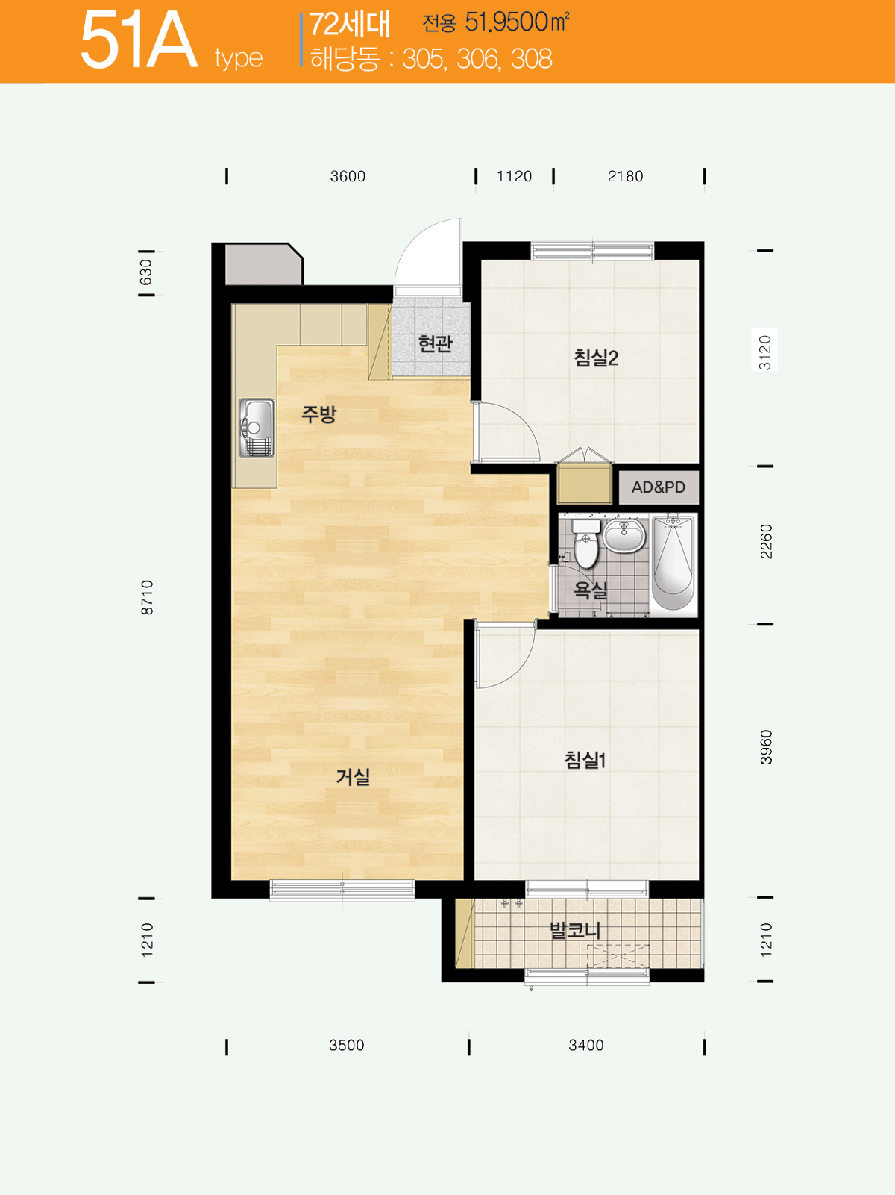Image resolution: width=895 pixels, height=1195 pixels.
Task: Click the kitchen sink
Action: click(256, 428)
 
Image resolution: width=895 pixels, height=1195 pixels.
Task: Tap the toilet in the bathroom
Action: click(585, 543)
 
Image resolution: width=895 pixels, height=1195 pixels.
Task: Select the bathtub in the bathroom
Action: click(673, 563)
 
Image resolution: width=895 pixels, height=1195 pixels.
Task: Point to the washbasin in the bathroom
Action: click(624, 536)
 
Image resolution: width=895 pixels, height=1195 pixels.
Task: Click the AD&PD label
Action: click(658, 487)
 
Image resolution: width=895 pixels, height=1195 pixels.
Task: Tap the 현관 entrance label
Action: click(435, 343)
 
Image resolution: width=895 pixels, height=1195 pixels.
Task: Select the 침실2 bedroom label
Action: click(596, 358)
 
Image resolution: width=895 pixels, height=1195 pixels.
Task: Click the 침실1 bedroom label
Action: click(585, 759)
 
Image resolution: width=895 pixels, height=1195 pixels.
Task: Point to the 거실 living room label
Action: click(353, 777)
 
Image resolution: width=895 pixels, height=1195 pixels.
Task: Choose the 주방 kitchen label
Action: click(319, 414)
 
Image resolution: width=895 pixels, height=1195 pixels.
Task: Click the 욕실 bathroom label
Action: click(591, 590)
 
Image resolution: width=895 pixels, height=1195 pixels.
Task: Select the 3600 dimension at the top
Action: click(348, 176)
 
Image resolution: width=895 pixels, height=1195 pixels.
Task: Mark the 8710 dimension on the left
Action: click(147, 597)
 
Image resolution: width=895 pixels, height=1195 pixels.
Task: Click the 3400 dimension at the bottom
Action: click(586, 1045)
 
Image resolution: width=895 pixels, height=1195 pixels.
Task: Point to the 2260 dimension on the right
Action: click(765, 541)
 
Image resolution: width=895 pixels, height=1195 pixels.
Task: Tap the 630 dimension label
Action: click(145, 272)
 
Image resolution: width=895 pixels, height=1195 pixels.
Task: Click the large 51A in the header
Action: click(139, 41)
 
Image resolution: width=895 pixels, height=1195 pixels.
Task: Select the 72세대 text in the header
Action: click(350, 25)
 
